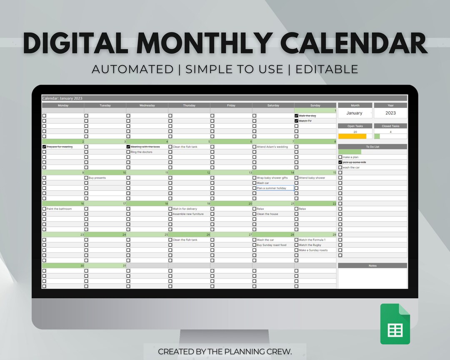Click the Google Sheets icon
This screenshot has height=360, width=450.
pyautogui.click(x=395, y=324)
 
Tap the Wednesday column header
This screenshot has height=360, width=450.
pyautogui.click(x=147, y=105)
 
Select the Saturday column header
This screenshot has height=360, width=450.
pyautogui.click(x=273, y=105)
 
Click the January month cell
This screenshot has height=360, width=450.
pyautogui.click(x=354, y=113)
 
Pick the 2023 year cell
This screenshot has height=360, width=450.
pyautogui.click(x=390, y=113)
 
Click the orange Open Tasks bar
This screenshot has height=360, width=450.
pyautogui.click(x=352, y=136)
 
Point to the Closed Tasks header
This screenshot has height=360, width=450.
pyautogui.click(x=390, y=126)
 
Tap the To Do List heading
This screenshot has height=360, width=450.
pyautogui.click(x=372, y=147)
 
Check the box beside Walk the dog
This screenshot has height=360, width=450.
pyautogui.click(x=296, y=116)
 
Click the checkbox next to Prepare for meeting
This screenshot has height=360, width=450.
pyautogui.click(x=44, y=147)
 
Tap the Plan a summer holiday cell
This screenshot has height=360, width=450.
pyautogui.click(x=271, y=188)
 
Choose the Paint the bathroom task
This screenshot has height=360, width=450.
pyautogui.click(x=59, y=209)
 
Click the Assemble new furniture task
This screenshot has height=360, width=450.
pyautogui.click(x=188, y=214)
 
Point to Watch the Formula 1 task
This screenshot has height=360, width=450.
pyautogui.click(x=312, y=240)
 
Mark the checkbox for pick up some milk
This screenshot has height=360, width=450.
pyautogui.click(x=340, y=162)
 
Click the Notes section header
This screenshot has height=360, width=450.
pyautogui.click(x=372, y=265)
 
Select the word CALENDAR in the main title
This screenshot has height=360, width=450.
pyautogui.click(x=354, y=43)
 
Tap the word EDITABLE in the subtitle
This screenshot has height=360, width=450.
pyautogui.click(x=327, y=69)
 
